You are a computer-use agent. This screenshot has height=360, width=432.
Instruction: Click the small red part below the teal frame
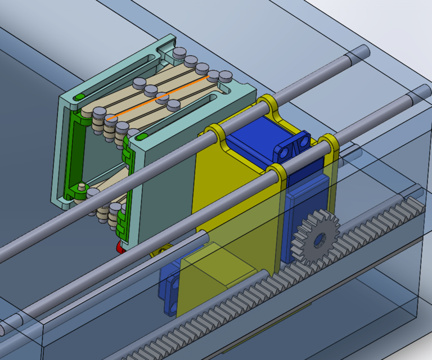point(119,246)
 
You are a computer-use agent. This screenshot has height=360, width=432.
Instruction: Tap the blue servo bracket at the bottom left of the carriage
point(170,287)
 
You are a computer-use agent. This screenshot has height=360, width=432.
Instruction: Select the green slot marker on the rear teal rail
point(79,97)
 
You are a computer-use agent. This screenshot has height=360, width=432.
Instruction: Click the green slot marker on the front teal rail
point(141,136)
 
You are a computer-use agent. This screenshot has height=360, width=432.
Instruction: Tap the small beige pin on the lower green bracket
point(82,186)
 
